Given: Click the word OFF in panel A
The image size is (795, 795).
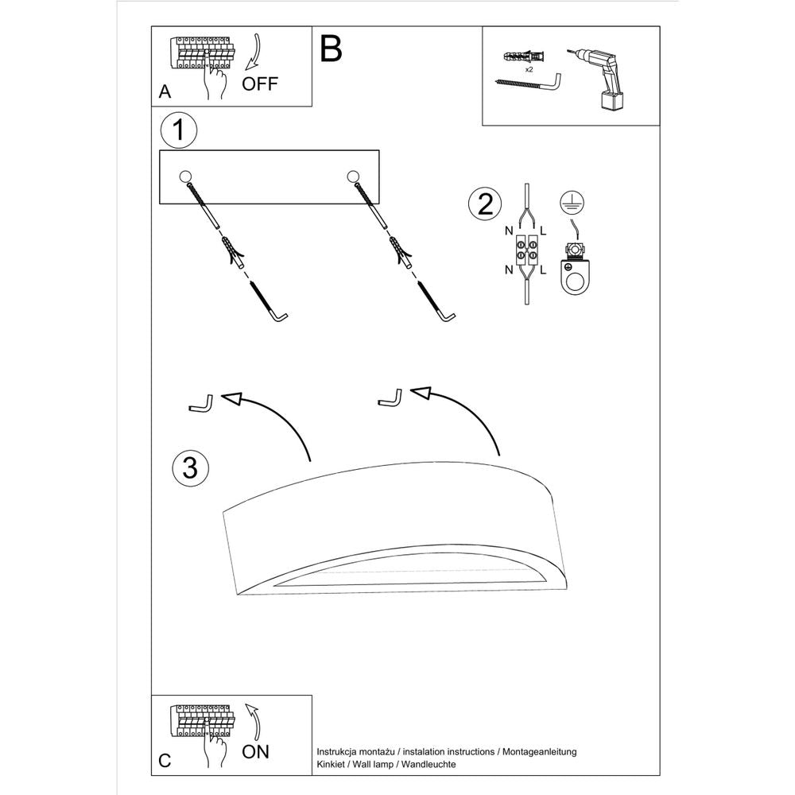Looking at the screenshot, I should (x=261, y=84).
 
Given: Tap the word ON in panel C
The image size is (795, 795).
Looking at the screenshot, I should (x=256, y=751).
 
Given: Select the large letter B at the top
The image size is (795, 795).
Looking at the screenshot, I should (x=331, y=48).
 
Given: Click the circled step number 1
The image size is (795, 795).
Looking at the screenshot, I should (x=178, y=130).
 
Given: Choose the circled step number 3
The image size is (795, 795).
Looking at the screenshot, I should (x=189, y=467).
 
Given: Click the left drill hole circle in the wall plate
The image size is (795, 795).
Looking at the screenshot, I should (x=185, y=176).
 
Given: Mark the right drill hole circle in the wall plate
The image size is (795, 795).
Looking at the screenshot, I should (x=352, y=176).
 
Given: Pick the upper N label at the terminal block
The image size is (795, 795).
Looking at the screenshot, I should (x=508, y=231).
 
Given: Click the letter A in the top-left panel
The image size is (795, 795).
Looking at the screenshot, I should (x=165, y=91).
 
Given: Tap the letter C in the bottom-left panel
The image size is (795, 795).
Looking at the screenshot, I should (x=165, y=760).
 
